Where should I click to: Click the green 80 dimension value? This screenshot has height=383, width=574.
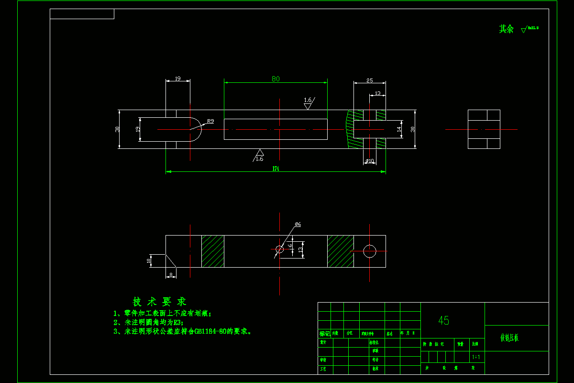pyautogui.click(x=276, y=79)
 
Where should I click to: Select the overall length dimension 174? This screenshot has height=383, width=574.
pyautogui.click(x=276, y=168)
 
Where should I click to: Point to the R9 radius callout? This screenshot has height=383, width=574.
pyautogui.click(x=210, y=121)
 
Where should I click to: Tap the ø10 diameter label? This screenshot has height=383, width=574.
pyautogui.click(x=370, y=161)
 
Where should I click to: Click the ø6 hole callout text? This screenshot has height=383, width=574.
pyautogui.click(x=298, y=224)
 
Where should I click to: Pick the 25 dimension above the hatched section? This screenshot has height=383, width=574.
pyautogui.click(x=369, y=80)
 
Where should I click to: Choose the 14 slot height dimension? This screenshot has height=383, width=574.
pyautogui.click(x=399, y=129)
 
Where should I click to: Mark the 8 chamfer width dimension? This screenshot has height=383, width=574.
pyautogui.click(x=171, y=275)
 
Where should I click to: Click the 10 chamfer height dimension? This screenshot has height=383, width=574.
pyautogui.click(x=148, y=260)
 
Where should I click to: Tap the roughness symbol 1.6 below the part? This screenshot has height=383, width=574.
pyautogui.click(x=259, y=156)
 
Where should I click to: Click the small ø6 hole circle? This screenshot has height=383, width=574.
pyautogui.click(x=280, y=249)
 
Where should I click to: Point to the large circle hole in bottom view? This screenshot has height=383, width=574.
pyautogui.click(x=370, y=251)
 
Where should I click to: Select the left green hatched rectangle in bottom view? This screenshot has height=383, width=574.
pyautogui.click(x=213, y=251)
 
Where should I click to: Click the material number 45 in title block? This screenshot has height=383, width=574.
pyautogui.click(x=443, y=320)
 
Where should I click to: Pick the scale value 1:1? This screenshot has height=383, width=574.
pyautogui.click(x=476, y=357)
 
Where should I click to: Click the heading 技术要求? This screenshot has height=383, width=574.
pyautogui.click(x=159, y=302)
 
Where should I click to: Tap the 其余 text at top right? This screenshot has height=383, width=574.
pyautogui.click(x=506, y=29)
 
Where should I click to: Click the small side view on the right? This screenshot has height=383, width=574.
pyautogui.click(x=484, y=129)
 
